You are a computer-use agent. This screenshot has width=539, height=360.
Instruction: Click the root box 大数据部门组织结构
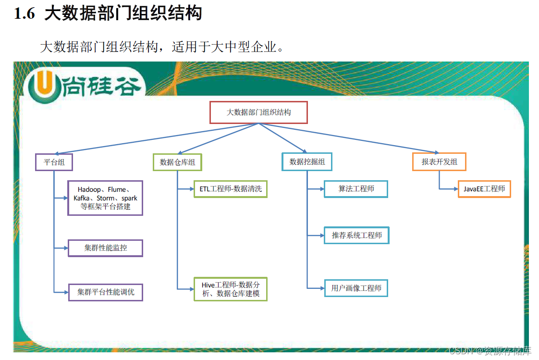[258, 112]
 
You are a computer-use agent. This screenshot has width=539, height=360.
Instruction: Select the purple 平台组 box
[54, 162]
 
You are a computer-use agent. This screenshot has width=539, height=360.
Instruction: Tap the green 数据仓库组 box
[177, 162]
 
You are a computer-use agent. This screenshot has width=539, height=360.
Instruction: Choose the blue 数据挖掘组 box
[307, 162]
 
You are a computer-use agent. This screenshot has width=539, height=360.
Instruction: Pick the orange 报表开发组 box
[439, 162]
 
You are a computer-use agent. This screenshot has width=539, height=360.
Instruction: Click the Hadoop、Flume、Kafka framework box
[105, 198]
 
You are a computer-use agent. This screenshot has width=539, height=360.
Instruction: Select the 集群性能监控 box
[105, 248]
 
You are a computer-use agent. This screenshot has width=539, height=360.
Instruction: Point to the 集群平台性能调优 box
[105, 292]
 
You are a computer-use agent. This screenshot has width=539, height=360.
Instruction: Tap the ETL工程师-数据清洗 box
[231, 189]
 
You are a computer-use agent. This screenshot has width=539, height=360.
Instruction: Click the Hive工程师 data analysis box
[231, 289]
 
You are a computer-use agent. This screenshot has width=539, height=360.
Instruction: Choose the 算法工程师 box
[356, 189]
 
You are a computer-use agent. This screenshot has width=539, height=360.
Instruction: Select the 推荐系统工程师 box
[356, 236]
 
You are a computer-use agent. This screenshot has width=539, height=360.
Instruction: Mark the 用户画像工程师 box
[356, 288]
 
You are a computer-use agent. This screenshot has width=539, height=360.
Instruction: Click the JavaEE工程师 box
[484, 189]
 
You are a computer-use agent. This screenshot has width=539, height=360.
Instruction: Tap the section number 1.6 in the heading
[24, 14]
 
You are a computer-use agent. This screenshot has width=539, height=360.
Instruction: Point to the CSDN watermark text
[490, 351]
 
